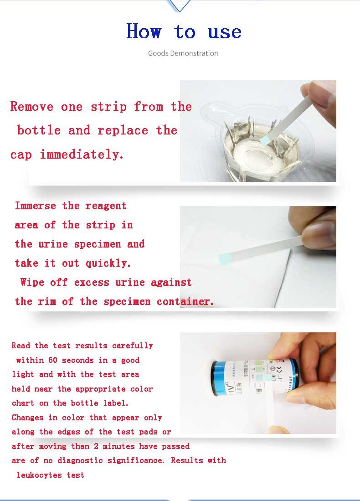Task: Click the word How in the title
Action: [x=144, y=31]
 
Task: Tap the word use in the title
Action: [x=224, y=32]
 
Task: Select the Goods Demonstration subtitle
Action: [x=183, y=53]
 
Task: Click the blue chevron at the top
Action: [x=180, y=5]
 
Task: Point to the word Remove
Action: [x=31, y=106]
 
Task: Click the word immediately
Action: [x=82, y=155]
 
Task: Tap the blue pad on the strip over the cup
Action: [x=266, y=139]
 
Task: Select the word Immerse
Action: [x=36, y=206]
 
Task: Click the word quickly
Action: [x=108, y=263]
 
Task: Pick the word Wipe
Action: [x=32, y=282]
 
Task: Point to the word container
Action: [x=185, y=301]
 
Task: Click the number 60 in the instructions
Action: [x=53, y=360]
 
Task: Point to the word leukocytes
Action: [x=39, y=475]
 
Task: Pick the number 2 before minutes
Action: [x=96, y=446]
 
